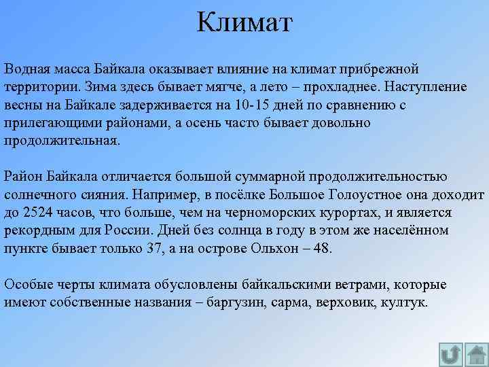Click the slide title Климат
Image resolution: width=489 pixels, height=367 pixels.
(244, 22)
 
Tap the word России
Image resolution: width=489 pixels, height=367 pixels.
(131, 230)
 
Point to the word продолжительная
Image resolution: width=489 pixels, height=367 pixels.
(62, 141)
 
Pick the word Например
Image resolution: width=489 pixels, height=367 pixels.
(171, 195)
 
